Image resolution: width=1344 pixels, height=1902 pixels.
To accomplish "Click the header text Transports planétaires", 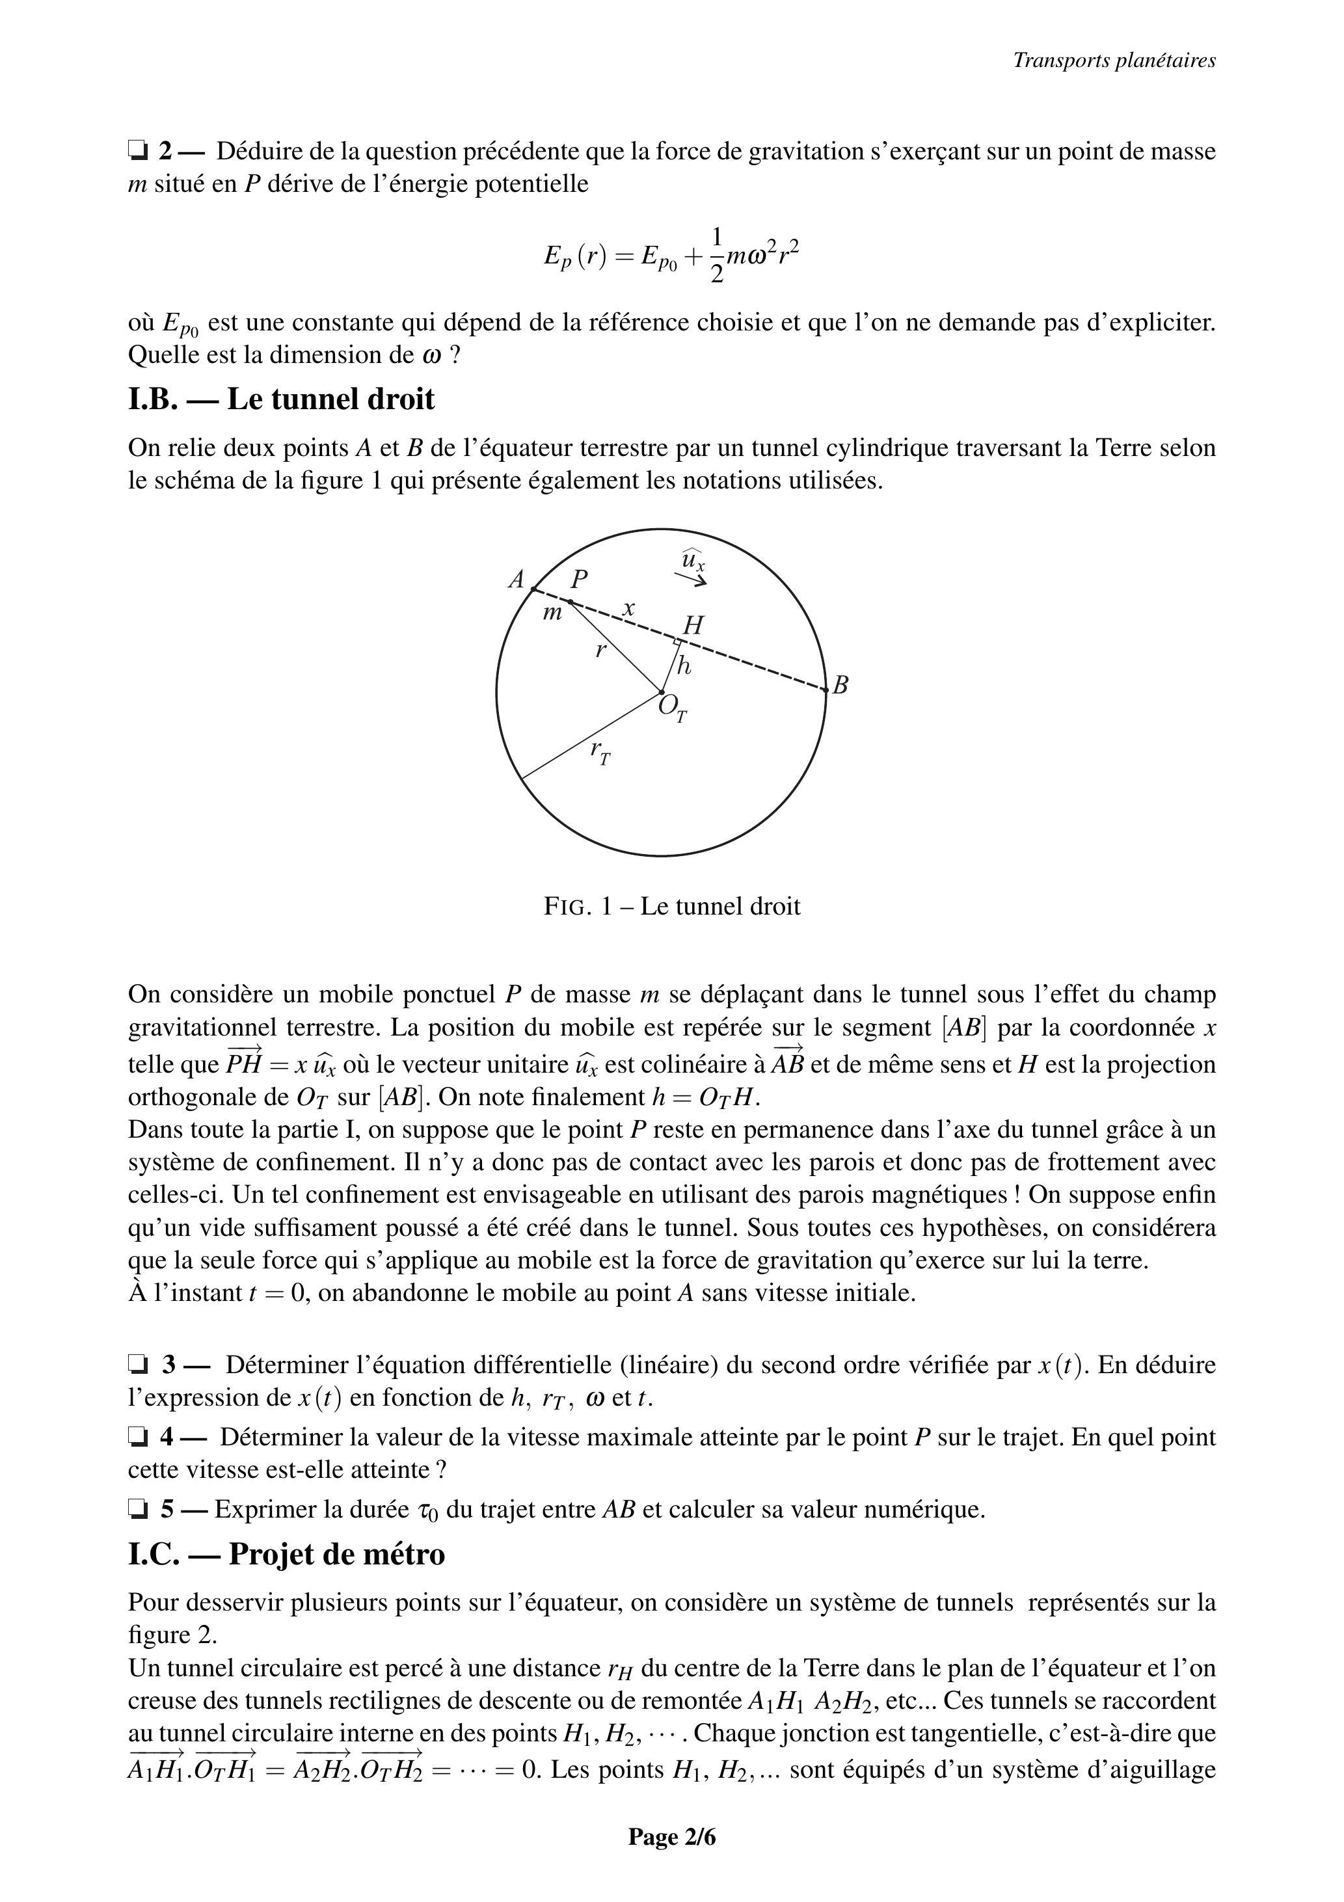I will (1114, 60).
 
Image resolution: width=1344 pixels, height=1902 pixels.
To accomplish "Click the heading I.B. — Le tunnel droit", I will (281, 399).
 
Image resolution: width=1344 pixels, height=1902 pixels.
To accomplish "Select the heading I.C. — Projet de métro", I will (286, 1554).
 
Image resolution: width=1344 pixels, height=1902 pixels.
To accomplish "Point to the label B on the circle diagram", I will (840, 685).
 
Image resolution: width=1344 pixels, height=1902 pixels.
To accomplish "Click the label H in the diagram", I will (693, 626).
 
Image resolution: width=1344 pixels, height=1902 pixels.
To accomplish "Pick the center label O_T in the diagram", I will (672, 708).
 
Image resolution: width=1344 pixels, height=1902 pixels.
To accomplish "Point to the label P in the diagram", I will (578, 579).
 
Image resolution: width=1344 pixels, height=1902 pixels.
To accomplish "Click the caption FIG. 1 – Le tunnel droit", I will (672, 906).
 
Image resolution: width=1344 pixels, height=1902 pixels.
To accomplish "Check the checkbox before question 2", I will (137, 151).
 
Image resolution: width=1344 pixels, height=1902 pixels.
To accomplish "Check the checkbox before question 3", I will (137, 1364).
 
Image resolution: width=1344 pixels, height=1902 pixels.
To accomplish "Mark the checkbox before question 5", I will (137, 1509).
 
